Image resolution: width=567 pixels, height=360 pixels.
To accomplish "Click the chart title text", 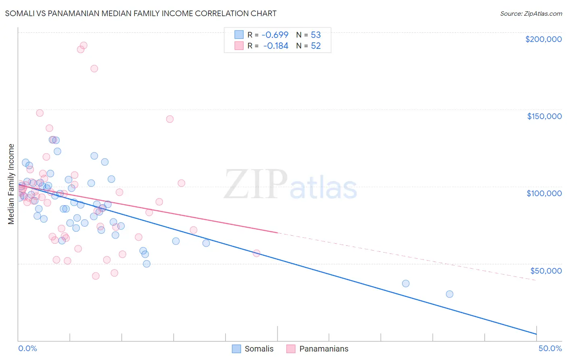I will point(141,13).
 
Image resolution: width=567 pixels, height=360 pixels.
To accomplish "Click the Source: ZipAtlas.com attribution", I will point(531,14).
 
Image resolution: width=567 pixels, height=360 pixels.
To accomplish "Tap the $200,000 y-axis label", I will point(543,39).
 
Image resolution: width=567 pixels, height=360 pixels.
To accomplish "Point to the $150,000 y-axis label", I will point(544,116).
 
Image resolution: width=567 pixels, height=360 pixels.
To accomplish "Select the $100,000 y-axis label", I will point(544,193).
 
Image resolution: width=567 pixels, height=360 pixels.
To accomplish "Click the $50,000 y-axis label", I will point(546,271).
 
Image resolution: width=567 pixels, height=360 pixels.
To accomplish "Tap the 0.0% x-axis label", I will point(27,348).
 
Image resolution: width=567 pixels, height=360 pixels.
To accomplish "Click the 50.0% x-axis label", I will point(550,348).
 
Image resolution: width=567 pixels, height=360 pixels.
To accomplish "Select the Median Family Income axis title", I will point(11,184).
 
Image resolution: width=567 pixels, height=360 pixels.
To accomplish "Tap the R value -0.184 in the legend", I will point(276,46).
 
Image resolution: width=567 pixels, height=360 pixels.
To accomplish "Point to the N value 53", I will point(316,35).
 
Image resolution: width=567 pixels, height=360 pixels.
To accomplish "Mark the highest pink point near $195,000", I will point(83,46).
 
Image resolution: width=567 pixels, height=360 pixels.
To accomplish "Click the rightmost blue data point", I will point(449,294).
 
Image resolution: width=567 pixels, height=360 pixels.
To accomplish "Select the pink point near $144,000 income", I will point(170,119).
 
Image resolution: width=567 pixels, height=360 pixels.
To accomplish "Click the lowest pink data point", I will point(96,276).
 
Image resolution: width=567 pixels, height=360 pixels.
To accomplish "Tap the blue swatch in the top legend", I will point(239,35).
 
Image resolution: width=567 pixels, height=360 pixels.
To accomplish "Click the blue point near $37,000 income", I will point(406,284).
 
